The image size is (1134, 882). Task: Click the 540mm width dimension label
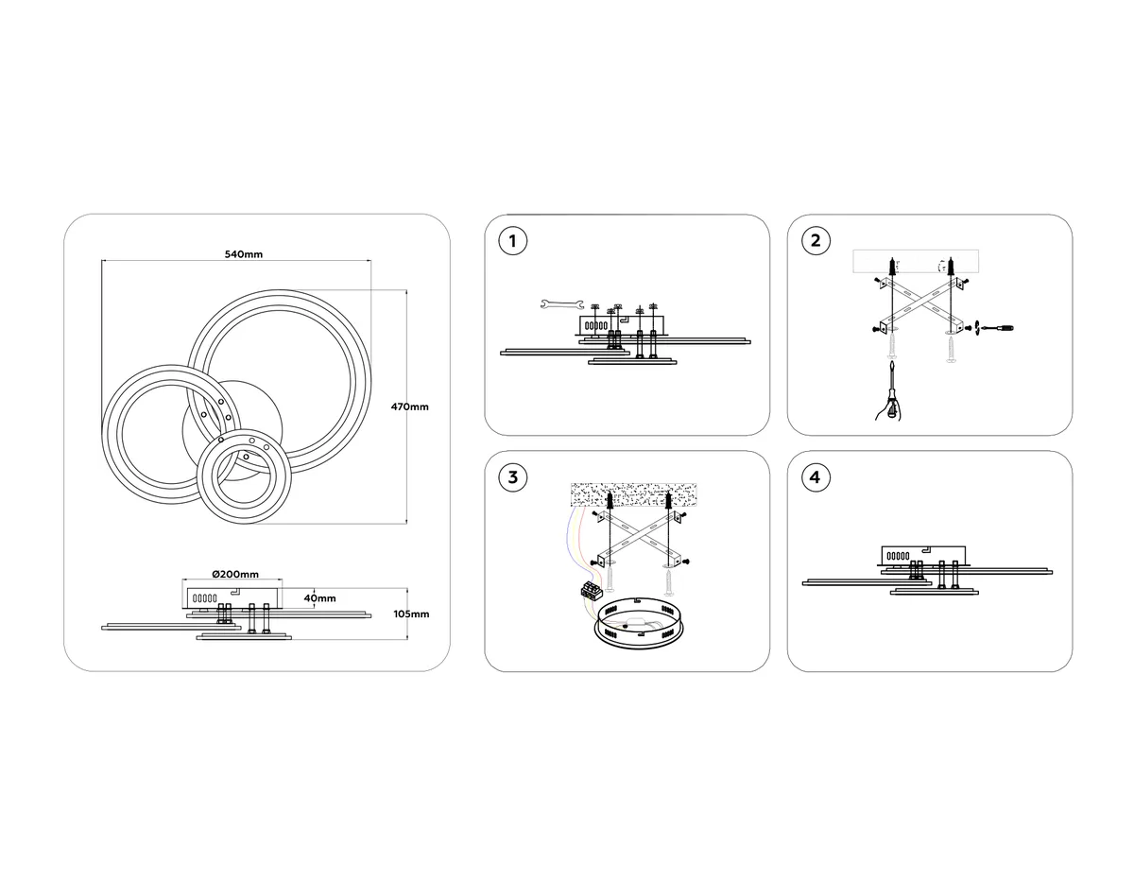(x=244, y=254)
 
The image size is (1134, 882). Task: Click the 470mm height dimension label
(x=410, y=406)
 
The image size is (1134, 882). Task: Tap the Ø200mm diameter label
(x=235, y=574)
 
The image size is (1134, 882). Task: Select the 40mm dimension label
(x=320, y=598)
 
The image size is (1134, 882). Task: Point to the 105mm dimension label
(x=411, y=614)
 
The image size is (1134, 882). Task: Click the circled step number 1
(x=512, y=241)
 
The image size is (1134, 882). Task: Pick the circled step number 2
(x=816, y=241)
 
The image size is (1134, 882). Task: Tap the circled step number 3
(x=512, y=477)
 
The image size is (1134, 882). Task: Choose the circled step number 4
(x=816, y=477)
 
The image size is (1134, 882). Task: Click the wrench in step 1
(x=562, y=304)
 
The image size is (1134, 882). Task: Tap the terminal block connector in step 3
(x=592, y=590)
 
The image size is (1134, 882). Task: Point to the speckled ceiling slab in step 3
(x=633, y=494)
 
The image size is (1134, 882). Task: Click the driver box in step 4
(x=923, y=555)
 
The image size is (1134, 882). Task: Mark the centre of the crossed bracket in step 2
(x=921, y=307)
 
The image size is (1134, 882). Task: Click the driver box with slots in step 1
(x=621, y=325)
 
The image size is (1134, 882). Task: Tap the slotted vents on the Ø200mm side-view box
(x=205, y=598)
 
